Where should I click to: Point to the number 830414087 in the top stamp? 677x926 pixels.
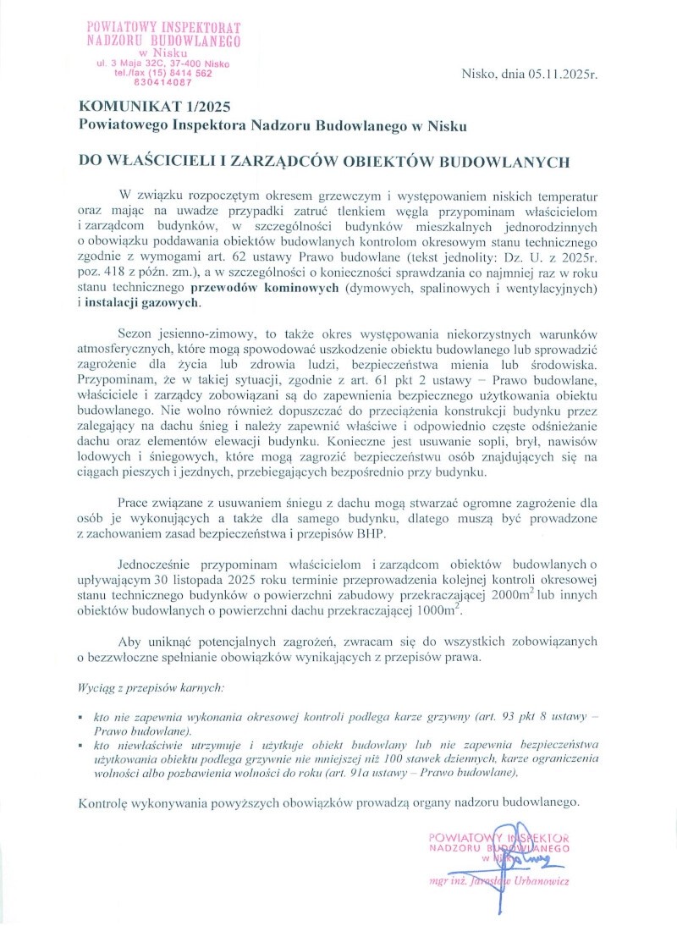163,83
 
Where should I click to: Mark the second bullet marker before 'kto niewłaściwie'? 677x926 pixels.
81,746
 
